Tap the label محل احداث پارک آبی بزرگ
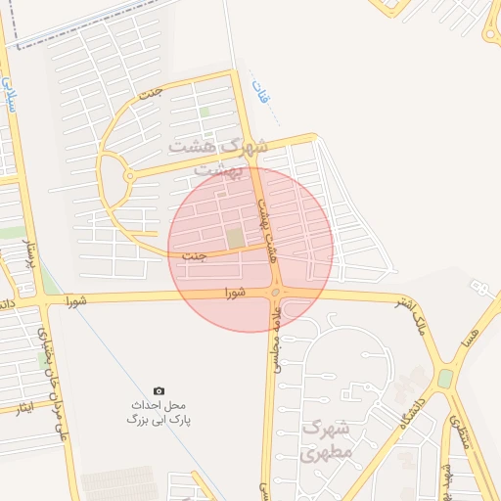(x=159, y=412)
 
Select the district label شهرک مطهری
(x=326, y=440)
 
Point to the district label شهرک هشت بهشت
(x=218, y=158)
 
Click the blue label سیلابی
(x=11, y=94)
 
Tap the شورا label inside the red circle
(x=234, y=293)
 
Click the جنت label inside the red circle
(x=195, y=256)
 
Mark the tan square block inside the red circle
(x=235, y=238)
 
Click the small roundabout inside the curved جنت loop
(x=129, y=176)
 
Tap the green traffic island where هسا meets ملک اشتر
(x=445, y=378)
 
